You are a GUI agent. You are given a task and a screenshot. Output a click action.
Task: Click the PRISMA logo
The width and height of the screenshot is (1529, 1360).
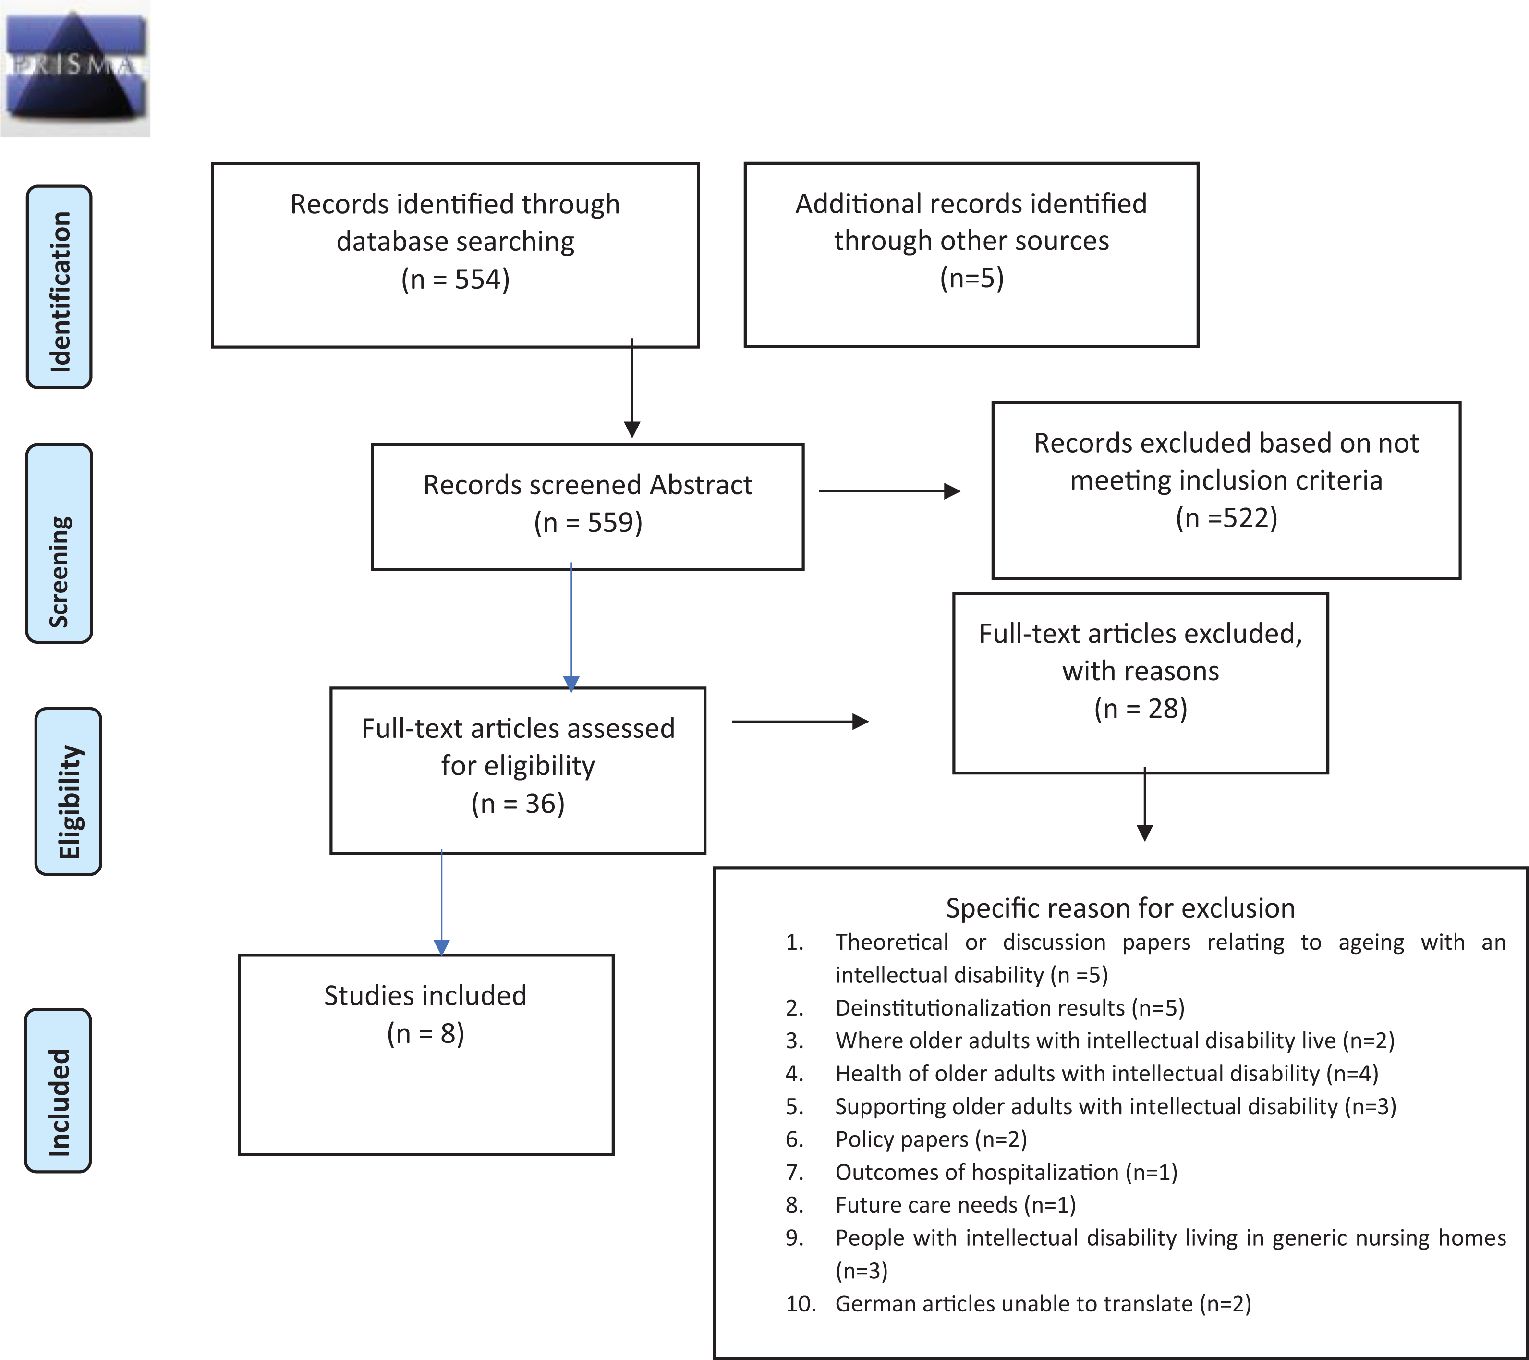pos(75,68)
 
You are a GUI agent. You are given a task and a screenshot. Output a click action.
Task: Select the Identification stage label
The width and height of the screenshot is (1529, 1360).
pos(59,287)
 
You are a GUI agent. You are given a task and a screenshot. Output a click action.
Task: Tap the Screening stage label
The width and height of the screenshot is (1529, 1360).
pos(59,543)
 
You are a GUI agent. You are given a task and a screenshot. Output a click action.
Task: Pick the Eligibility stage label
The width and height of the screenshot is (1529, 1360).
pos(68,791)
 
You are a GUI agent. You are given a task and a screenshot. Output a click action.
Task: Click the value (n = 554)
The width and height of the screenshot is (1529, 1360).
pos(456,279)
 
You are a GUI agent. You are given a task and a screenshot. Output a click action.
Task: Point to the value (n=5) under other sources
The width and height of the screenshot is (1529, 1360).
pos(971,278)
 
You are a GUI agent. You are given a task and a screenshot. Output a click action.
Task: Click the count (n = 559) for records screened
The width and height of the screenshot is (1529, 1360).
pos(588,523)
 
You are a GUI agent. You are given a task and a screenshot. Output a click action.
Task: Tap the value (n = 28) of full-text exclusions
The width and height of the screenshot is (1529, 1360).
pos(1141,708)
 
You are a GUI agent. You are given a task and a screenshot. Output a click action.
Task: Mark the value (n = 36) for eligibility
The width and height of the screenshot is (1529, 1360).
pos(518,803)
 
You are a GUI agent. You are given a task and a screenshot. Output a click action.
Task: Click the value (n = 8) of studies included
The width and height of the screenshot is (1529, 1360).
pos(425,1033)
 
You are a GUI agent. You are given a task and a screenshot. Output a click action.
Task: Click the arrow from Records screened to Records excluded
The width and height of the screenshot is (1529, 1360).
pos(889,491)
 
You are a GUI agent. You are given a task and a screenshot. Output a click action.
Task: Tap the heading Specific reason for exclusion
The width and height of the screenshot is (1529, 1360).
pos(1120,908)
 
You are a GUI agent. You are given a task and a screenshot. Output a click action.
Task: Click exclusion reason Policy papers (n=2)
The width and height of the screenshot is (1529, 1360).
pos(931,1139)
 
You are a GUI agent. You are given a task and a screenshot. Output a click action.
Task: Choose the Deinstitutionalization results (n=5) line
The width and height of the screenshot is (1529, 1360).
pos(1010,1007)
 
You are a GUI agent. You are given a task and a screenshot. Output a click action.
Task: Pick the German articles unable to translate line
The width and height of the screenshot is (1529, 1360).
pos(1043,1304)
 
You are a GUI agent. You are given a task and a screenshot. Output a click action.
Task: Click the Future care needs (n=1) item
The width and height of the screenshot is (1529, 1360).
pos(955,1205)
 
